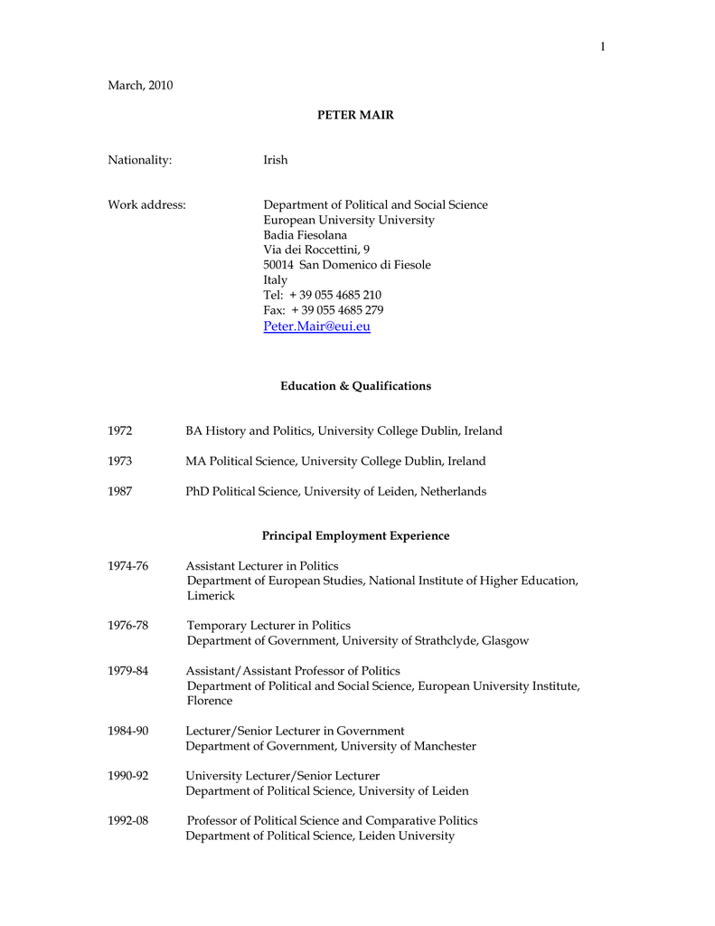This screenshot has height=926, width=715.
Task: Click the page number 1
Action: coord(601,47)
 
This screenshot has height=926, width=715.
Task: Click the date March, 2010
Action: coord(140,86)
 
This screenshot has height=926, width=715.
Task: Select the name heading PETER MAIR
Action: coord(355,116)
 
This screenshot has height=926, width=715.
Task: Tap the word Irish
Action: coord(276,160)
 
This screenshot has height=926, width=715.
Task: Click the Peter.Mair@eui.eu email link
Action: coord(316,326)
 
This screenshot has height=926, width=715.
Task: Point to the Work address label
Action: coord(147,205)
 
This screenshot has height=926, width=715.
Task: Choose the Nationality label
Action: coord(140,160)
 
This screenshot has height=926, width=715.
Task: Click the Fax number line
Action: coord(323,310)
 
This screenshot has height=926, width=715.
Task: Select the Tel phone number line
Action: coord(322,296)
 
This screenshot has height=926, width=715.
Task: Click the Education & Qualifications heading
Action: coord(355,386)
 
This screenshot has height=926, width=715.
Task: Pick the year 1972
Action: coord(120,431)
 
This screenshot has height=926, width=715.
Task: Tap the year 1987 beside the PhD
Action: coord(120,492)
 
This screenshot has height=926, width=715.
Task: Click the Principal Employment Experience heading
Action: coord(355,536)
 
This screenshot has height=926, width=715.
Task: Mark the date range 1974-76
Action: coord(128,567)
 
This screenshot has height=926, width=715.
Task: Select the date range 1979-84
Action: coord(128,671)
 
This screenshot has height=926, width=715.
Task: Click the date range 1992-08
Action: coord(128,821)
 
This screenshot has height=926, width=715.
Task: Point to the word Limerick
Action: coord(211,596)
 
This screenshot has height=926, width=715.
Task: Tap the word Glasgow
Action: coord(505,641)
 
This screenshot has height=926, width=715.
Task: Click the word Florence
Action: coord(210,701)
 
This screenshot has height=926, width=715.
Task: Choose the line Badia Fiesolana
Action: coord(305,235)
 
